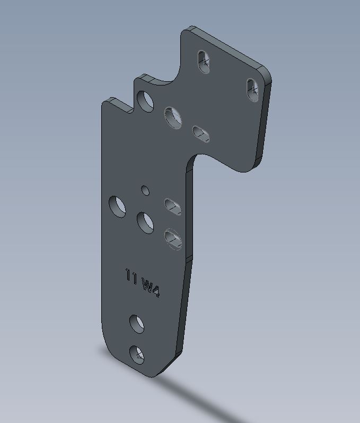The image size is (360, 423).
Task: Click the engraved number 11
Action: [131, 276]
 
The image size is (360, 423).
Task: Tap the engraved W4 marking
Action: [151, 288]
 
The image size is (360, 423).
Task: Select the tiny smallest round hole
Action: [145, 190]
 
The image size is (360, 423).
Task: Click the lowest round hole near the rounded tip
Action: [137, 355]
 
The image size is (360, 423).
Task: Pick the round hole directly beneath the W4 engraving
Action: [137, 324]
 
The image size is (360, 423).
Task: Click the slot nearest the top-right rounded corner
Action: [252, 90]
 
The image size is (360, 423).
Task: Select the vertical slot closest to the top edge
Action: [204, 62]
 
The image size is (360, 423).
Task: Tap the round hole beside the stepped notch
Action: [145, 101]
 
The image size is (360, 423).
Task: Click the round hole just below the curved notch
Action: [173, 118]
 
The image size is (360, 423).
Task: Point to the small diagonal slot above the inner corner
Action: [201, 134]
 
